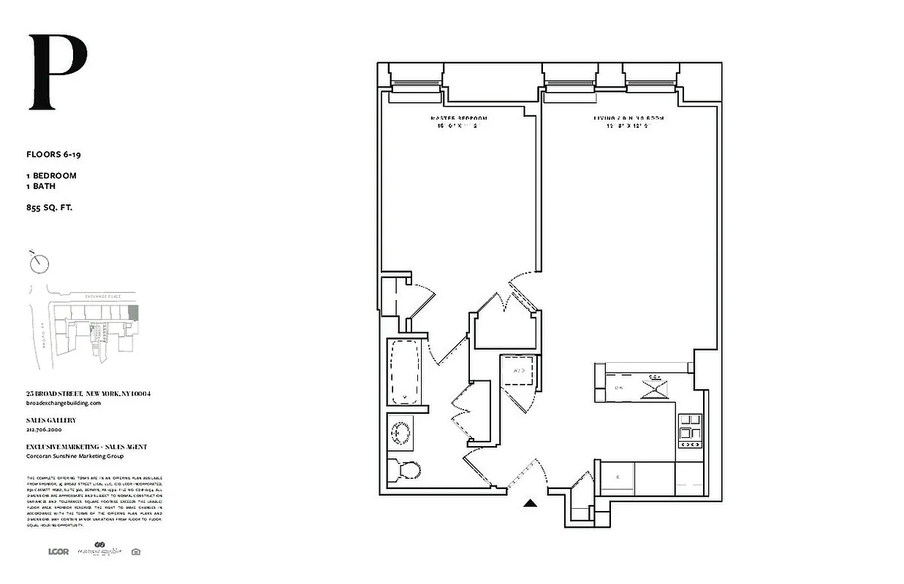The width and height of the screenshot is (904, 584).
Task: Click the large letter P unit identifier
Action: coord(58,73)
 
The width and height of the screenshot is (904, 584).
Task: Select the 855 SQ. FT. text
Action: coord(50,208)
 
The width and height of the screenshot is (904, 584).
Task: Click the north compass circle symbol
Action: coord(40,262)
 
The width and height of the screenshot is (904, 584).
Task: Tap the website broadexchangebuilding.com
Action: coord(63,402)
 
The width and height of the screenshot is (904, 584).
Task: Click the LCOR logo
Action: coord(58,551)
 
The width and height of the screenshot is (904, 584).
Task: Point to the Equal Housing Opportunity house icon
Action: coord(135,551)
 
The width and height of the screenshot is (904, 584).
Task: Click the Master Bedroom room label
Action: coord(458,118)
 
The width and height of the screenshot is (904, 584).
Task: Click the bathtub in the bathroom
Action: coord(404,372)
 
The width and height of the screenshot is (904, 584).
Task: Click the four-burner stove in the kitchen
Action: coord(690,430)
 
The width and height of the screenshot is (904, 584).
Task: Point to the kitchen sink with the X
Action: coord(653,386)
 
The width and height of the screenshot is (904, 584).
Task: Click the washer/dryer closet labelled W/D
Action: coord(519,372)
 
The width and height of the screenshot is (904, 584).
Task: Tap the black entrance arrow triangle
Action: coord(531,502)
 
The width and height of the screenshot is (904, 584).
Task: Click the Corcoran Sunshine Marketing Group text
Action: coord(75,456)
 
